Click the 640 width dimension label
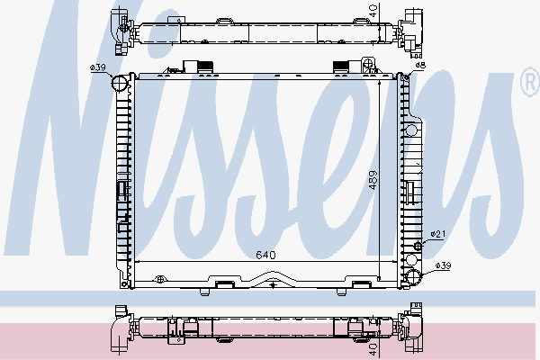click(265, 255)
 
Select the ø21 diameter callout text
click(438, 234)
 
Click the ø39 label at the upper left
click(98, 68)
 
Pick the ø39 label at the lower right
click(442, 265)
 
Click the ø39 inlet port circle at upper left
click(120, 84)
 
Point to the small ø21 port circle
click(418, 245)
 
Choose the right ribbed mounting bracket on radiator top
click(342, 65)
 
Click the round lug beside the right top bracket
click(368, 63)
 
